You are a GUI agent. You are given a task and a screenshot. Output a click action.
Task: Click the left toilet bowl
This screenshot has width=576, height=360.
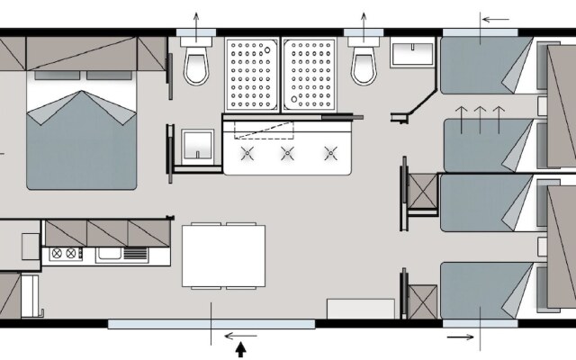pos(195,66)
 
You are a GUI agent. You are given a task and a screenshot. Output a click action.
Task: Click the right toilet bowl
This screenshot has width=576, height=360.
pos(364,66)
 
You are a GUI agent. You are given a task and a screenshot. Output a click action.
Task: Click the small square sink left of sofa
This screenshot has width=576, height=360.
pos(196,147)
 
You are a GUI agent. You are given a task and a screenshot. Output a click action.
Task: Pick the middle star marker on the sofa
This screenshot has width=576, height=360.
pos(288,153)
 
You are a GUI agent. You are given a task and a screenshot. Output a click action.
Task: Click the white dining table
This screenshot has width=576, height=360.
pos(224,256)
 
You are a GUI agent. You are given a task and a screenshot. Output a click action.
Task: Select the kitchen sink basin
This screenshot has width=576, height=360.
pos(109,255)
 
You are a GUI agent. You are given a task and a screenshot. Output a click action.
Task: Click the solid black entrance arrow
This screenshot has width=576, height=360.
pos(240,351)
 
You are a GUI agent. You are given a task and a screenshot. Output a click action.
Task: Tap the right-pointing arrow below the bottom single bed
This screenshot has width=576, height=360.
pos(460,337)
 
